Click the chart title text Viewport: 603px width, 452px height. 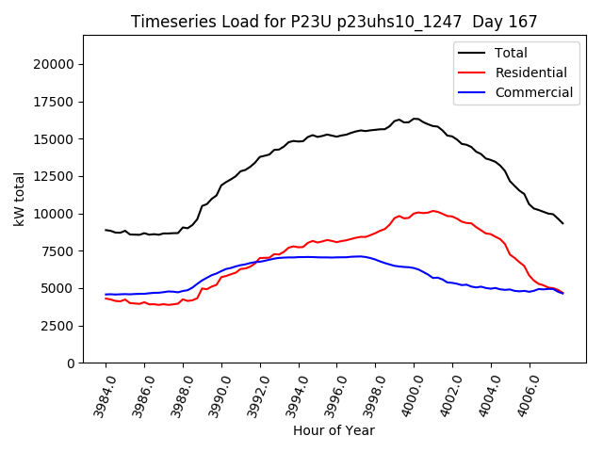pos(334,22)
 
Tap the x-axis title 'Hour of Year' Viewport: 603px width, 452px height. pos(334,430)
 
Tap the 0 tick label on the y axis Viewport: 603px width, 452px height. pos(71,363)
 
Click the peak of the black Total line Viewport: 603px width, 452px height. pos(415,119)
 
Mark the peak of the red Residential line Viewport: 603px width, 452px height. pos(433,211)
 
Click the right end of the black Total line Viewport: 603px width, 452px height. pos(563,223)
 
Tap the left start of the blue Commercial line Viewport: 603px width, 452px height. pos(106,295)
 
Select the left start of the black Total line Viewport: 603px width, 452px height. pos(106,230)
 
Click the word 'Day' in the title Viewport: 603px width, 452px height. pos(488,22)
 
